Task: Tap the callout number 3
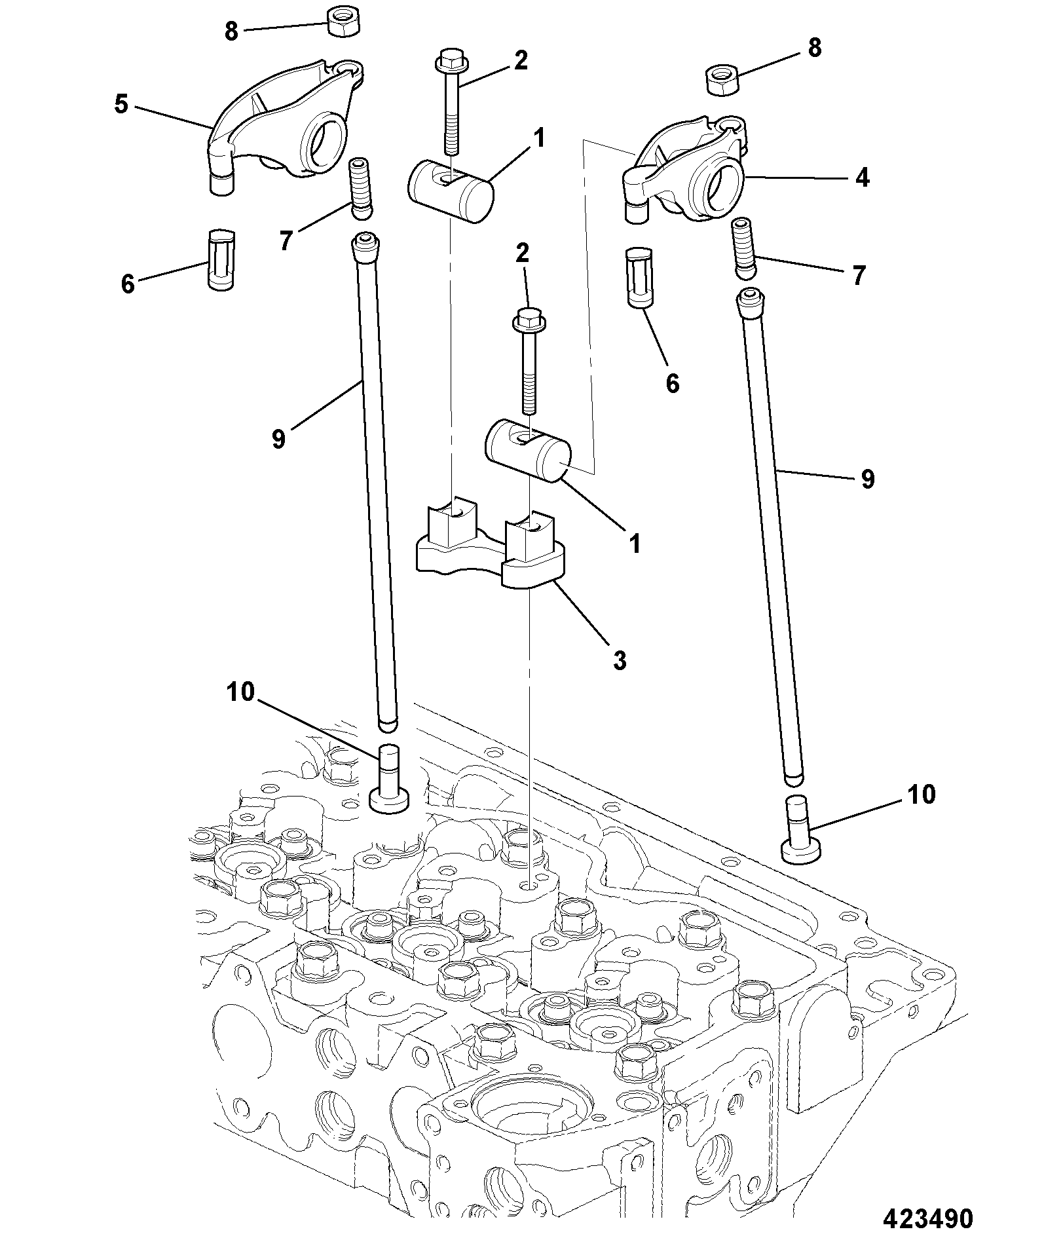(x=620, y=660)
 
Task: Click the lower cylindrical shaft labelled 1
(x=528, y=451)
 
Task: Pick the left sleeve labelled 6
(x=222, y=259)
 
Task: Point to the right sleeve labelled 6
(x=639, y=277)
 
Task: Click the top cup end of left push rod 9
(x=365, y=247)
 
